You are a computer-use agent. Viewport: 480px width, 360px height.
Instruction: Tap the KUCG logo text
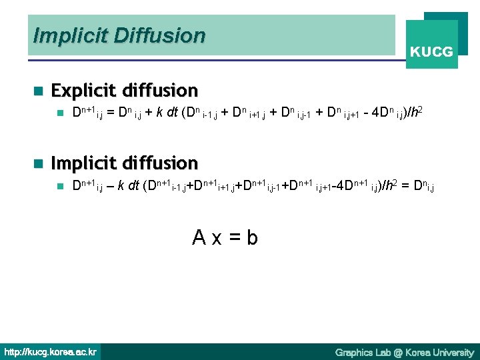tap(431, 51)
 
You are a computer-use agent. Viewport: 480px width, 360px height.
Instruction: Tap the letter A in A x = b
tap(199, 237)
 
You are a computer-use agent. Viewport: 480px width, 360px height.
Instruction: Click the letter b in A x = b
tap(252, 237)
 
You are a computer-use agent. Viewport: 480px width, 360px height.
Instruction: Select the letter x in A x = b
tap(217, 238)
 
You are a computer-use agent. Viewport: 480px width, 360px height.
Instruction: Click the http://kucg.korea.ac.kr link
tap(51, 351)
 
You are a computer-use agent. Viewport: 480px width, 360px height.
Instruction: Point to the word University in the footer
tap(452, 352)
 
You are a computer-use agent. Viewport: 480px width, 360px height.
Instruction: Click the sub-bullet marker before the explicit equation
tap(59, 113)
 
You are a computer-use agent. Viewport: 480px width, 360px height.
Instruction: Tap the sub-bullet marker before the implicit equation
tap(59, 186)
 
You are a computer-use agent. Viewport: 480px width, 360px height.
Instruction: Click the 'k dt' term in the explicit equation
tap(167, 113)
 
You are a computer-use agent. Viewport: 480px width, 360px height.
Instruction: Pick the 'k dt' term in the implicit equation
tap(129, 186)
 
